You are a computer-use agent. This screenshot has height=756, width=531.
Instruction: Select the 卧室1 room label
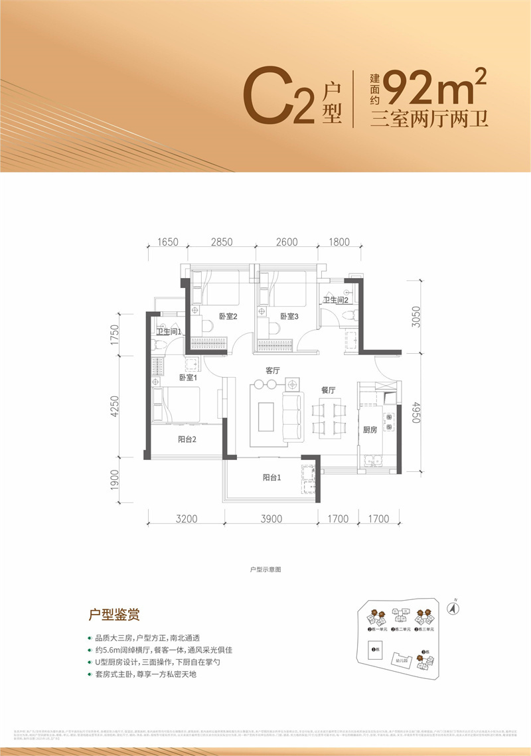189,378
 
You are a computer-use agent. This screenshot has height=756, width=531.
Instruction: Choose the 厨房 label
369,430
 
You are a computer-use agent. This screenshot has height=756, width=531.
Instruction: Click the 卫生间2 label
336,301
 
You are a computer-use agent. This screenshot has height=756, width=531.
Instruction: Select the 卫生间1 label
169,333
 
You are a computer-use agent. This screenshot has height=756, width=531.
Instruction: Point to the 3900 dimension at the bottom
272,519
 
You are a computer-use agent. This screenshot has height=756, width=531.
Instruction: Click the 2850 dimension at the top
222,242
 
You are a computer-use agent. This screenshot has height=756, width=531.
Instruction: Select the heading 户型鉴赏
114,615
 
